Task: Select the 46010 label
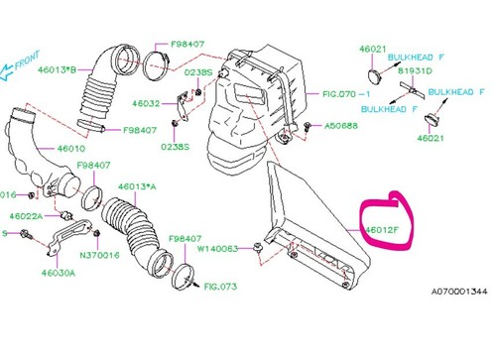(x=72, y=149)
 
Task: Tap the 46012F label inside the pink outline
(x=380, y=230)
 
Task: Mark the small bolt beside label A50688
(x=308, y=127)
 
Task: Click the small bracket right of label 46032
(x=182, y=102)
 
